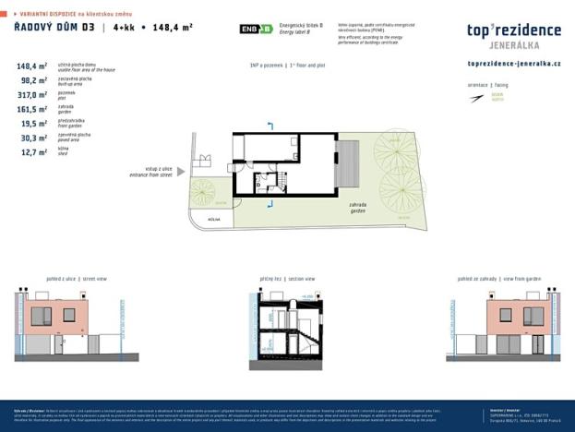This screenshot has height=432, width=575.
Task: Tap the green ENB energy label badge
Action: coord(256,29)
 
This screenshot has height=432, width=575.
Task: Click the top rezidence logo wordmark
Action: coord(513,31)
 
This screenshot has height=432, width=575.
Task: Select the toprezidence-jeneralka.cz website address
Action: coord(514,63)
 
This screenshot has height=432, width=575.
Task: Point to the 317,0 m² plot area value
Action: coord(32,95)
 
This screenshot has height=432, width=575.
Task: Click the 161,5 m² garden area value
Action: coord(32,109)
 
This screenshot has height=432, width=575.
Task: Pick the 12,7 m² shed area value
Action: coord(34,152)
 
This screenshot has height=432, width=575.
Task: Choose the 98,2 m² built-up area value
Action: coord(34,80)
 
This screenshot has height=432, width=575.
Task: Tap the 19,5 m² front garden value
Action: coord(34,124)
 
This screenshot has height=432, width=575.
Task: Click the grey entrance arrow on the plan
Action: coord(182,171)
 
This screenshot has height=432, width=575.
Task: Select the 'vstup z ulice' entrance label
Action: coord(152,171)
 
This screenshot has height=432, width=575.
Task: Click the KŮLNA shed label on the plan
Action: coord(213,220)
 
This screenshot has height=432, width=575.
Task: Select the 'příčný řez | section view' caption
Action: coord(287,277)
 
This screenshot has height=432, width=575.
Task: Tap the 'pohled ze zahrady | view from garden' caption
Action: coord(497,277)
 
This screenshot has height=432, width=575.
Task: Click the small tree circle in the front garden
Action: coord(203,192)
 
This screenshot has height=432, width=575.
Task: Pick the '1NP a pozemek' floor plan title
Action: coord(287,66)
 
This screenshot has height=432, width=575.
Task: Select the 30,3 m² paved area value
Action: coord(34,138)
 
